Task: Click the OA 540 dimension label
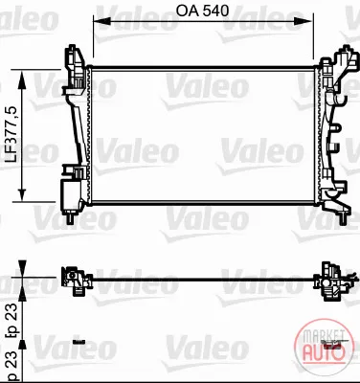pos(202,11)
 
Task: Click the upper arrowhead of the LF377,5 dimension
pos(22,79)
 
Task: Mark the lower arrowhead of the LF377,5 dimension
pos(22,193)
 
